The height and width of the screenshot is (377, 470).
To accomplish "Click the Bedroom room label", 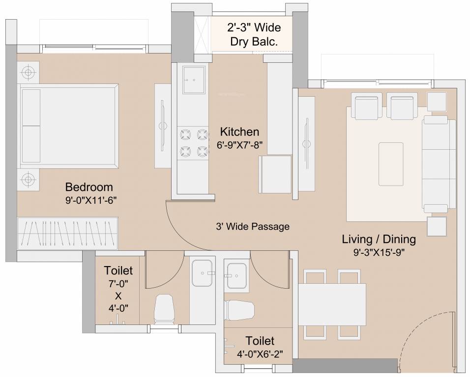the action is tap(89, 187).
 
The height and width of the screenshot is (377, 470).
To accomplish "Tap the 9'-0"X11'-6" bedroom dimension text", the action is tap(91, 200).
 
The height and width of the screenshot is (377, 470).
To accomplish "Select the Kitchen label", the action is tap(239, 132).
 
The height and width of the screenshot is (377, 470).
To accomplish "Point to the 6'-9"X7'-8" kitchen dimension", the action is tap(239, 145).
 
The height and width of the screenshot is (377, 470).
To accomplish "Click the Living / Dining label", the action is tap(379, 240).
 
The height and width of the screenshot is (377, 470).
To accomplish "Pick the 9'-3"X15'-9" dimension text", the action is tap(379, 253).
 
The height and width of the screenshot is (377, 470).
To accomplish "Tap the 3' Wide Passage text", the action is tap(253, 226).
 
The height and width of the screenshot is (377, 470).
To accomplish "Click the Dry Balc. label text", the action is tap(254, 42).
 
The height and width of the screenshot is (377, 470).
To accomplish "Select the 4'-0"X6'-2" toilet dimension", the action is tap(260, 354).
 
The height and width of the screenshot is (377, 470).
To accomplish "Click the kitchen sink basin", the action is tap(194, 80).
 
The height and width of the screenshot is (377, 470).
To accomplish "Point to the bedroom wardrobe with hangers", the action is tap(67, 233).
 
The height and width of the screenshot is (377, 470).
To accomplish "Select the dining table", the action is tap(332, 304).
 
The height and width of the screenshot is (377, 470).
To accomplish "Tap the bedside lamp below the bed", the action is tap(28, 179).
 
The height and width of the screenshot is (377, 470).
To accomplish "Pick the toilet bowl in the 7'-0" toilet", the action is tap(164, 309).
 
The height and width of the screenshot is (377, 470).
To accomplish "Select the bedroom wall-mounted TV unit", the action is tap(163, 126).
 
